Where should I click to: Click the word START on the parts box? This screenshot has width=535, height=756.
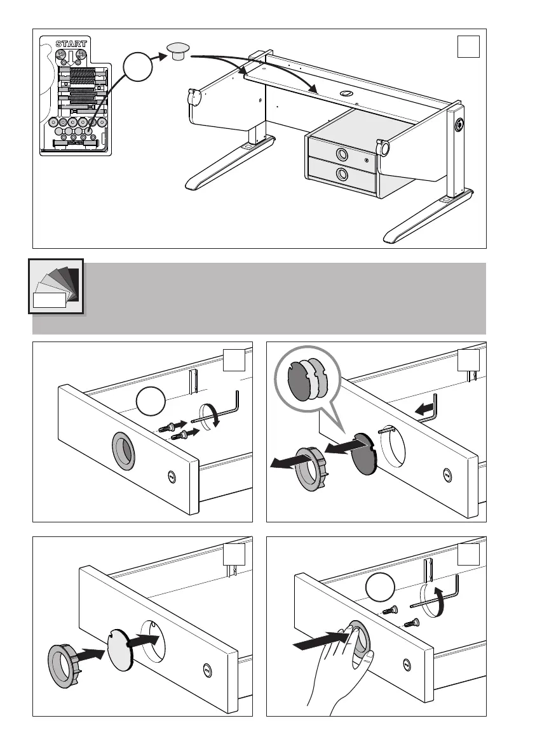click(71, 44)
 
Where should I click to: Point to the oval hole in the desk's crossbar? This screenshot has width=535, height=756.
click(346, 93)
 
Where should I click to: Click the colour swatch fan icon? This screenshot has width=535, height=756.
click(56, 286)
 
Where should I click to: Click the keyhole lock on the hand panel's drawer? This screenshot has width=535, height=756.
click(407, 666)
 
